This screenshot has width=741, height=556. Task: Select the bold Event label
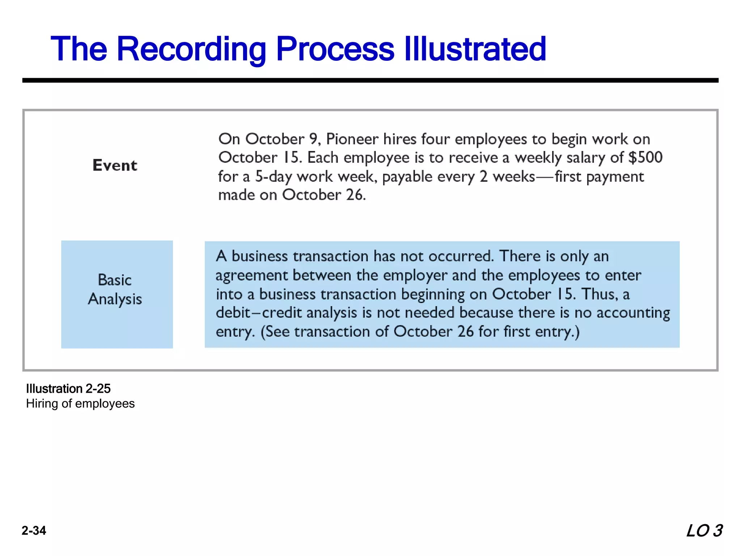(x=115, y=165)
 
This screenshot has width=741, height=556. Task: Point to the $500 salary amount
(x=645, y=157)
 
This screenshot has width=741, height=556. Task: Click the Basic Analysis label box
(x=117, y=294)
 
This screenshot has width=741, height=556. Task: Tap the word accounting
(x=633, y=313)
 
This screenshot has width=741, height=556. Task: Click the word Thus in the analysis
(x=598, y=294)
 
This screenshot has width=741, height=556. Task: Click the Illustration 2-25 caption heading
(x=68, y=389)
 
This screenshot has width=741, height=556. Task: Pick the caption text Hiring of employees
(x=80, y=404)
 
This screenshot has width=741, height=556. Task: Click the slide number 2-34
(x=34, y=531)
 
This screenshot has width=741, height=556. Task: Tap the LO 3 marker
(x=704, y=531)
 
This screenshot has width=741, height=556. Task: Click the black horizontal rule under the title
(x=370, y=80)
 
